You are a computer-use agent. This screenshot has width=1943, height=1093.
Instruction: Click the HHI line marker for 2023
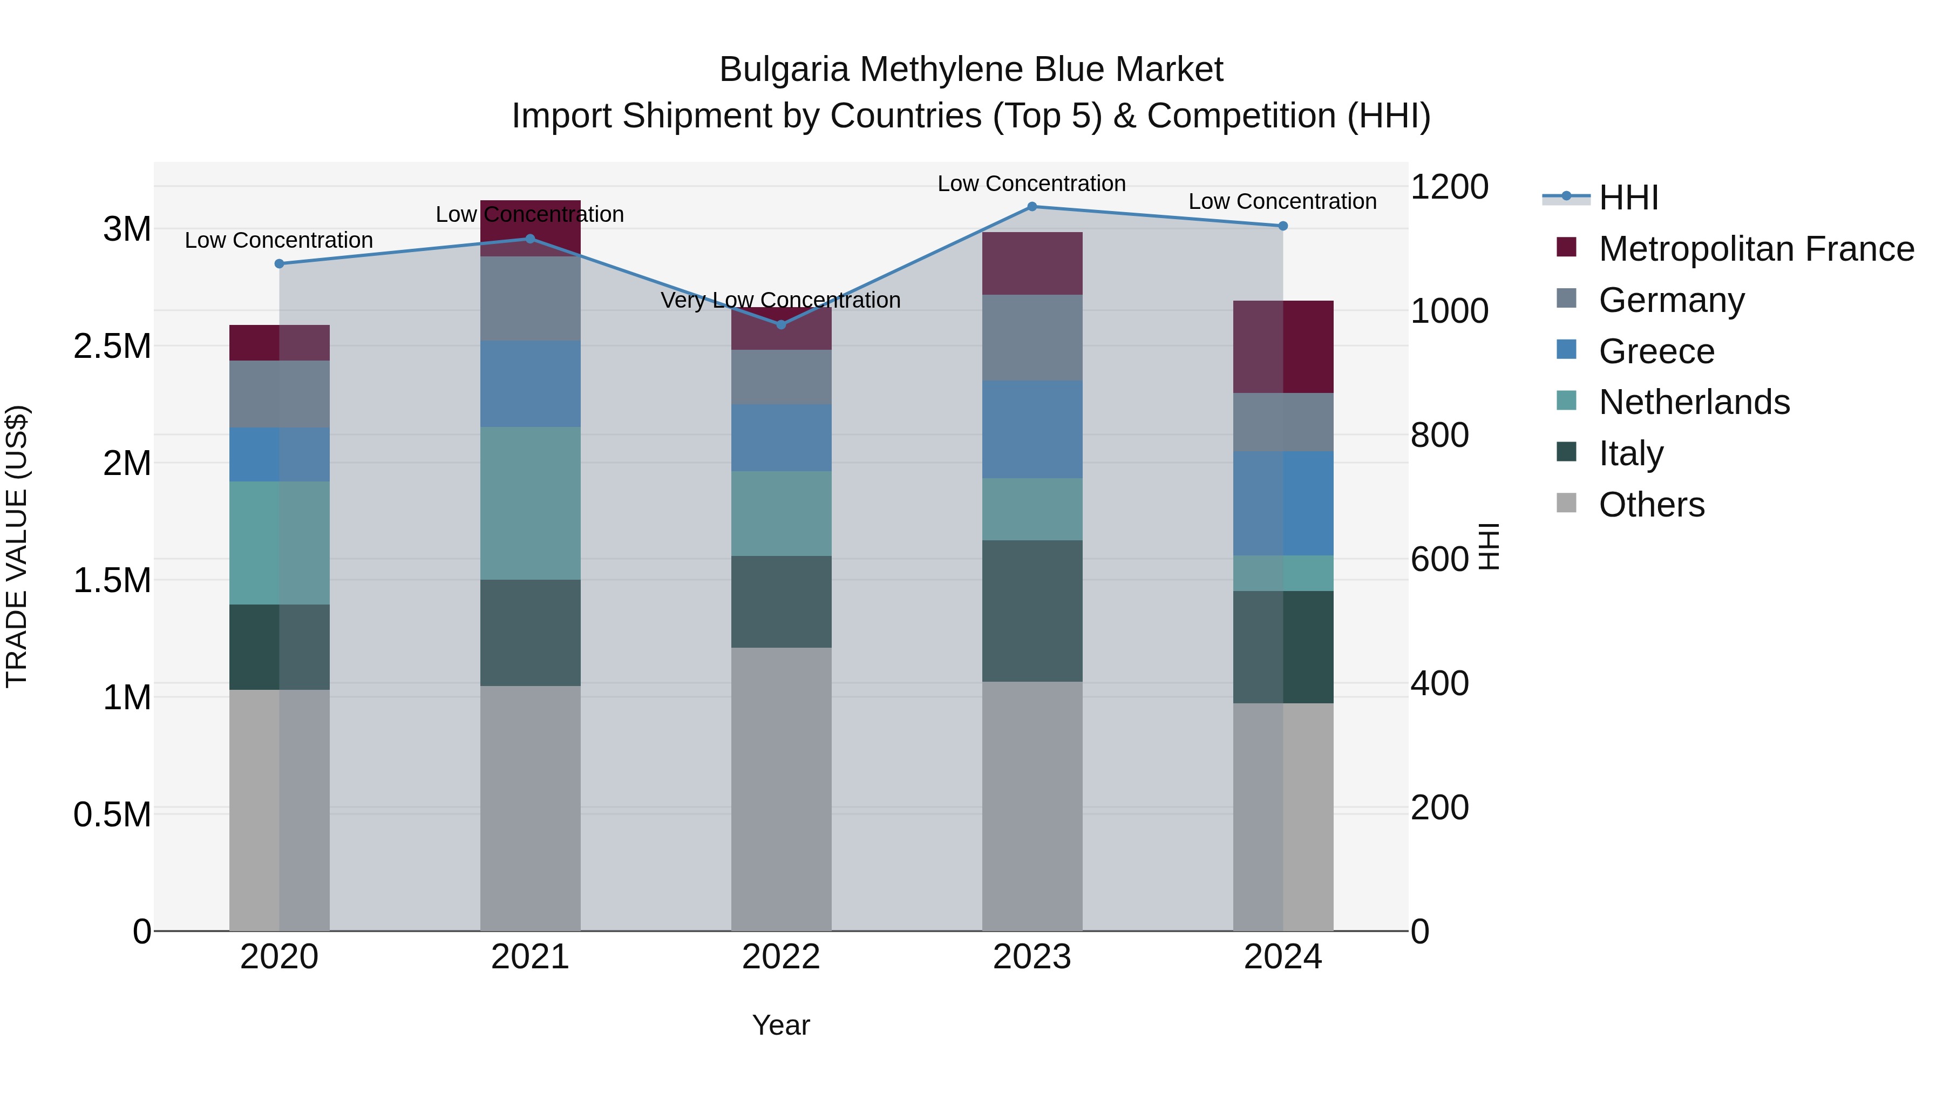point(1032,207)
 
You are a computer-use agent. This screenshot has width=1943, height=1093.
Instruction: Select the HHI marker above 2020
point(279,263)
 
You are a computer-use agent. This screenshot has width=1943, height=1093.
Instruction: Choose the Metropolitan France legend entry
point(1756,249)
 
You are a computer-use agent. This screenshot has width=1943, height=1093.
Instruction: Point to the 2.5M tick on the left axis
point(112,346)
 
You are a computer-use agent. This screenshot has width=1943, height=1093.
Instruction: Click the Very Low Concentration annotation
point(780,300)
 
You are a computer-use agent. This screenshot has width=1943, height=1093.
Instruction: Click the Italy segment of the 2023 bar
point(1032,610)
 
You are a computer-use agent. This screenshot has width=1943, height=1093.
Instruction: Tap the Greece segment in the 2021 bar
point(530,383)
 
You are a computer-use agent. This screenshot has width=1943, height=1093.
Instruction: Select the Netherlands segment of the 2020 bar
point(279,542)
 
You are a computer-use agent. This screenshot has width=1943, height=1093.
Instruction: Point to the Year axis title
point(780,1025)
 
